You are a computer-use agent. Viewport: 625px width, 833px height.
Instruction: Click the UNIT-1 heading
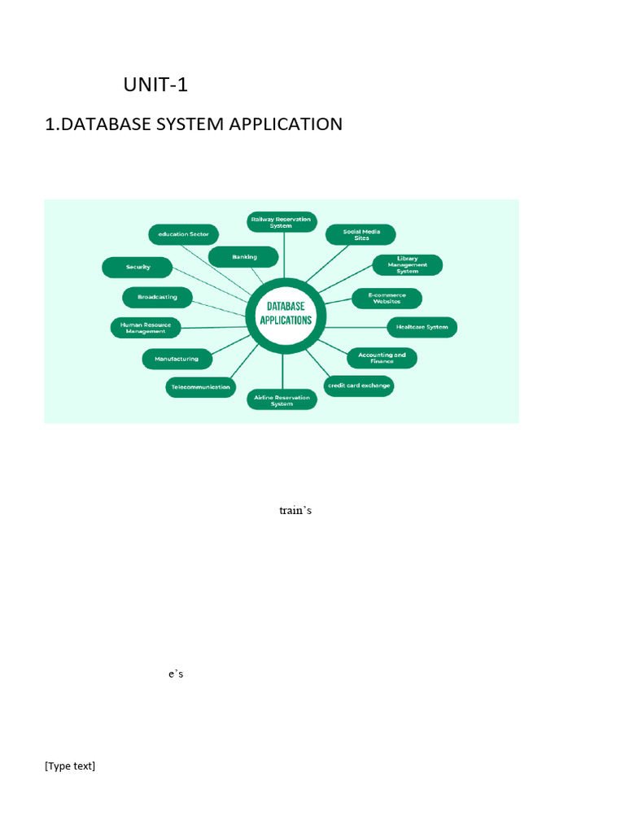pos(155,85)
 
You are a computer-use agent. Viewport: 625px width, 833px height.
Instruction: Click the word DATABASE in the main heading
pos(109,124)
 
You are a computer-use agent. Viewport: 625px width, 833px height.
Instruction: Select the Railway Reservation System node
pos(282,223)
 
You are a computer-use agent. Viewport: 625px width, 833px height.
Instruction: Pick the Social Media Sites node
pos(361,234)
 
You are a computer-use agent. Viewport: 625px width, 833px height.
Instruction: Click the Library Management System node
pos(407,265)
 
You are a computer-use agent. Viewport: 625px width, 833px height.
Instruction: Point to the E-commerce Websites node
pos(387,298)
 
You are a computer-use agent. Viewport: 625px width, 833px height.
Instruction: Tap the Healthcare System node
pos(422,327)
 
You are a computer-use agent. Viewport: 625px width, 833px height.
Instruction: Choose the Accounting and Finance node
pos(382,358)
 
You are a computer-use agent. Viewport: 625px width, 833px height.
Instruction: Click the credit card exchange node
pos(359,386)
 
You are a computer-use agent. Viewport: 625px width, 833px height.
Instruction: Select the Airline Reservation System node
pos(282,400)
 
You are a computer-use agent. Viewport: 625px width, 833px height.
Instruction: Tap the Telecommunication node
pos(200,387)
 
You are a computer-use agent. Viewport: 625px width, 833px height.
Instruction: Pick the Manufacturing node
pos(177,358)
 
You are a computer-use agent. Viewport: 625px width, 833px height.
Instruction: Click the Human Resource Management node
pos(146,328)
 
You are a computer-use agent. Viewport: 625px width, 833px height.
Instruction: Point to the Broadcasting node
pos(157,297)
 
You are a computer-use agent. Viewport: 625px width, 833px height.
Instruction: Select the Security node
pos(138,267)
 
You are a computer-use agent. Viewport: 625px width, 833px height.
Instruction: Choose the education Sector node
pos(183,234)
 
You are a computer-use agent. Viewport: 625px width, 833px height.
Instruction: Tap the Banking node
pos(244,257)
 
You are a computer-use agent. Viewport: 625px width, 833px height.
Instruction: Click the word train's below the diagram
pos(295,511)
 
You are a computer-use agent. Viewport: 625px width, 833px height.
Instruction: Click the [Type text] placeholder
pos(70,766)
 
